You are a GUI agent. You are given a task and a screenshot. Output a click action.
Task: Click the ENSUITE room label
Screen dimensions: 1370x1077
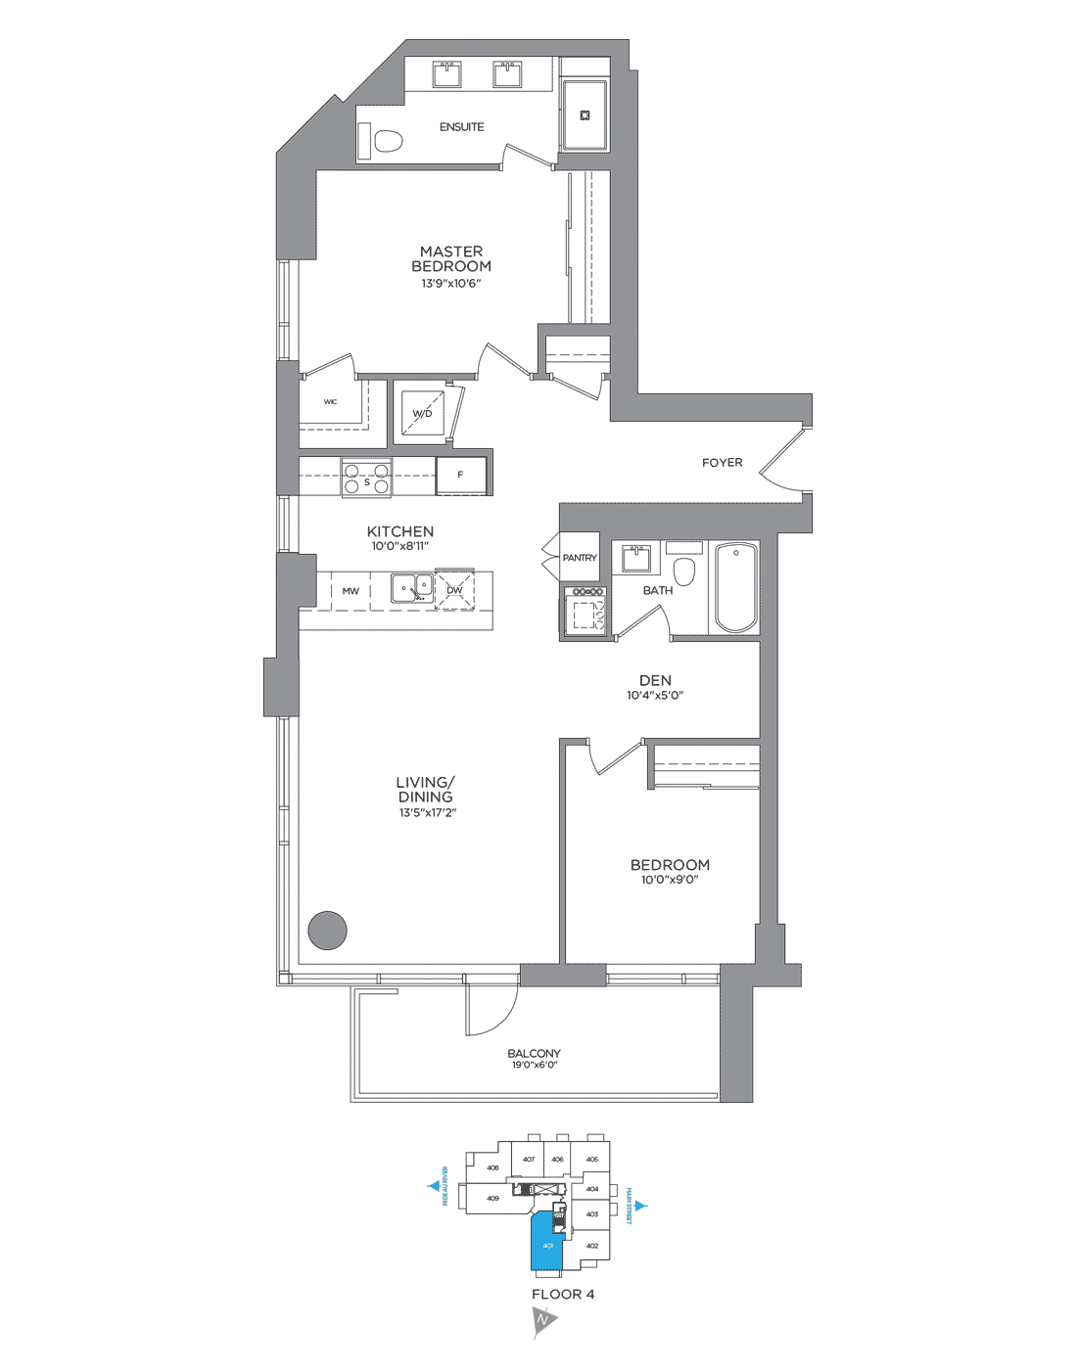461,127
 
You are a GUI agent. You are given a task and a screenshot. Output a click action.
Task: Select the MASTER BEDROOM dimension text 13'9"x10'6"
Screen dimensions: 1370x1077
451,284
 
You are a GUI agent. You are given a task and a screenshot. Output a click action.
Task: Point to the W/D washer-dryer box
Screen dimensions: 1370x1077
423,413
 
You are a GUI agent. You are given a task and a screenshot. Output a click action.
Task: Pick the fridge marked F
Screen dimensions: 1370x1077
461,476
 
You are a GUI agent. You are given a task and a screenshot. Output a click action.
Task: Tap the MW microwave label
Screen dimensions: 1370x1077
351,591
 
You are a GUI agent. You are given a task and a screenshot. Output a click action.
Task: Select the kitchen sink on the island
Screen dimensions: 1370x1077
412,587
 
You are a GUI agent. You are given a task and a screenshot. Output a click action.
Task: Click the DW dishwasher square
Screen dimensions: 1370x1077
454,590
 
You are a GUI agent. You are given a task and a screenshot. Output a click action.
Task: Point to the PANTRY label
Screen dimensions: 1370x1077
580,558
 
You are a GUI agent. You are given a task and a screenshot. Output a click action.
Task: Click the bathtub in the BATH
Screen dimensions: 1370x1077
735,589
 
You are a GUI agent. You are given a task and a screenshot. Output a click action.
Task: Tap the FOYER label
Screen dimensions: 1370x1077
723,463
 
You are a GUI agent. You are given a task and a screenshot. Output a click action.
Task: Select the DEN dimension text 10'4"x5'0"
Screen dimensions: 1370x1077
655,696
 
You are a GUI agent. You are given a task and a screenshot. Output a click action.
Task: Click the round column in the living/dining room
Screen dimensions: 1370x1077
328,931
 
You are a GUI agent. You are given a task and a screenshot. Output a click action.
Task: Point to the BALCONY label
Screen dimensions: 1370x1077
534,1054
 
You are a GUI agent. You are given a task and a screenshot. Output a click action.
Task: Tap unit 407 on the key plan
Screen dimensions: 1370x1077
529,1160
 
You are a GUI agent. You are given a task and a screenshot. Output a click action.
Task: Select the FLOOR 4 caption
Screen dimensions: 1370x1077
563,1295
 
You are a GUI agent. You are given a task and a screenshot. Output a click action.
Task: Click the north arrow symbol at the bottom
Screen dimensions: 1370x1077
543,1323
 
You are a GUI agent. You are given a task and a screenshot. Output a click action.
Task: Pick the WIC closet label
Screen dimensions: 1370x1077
331,402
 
